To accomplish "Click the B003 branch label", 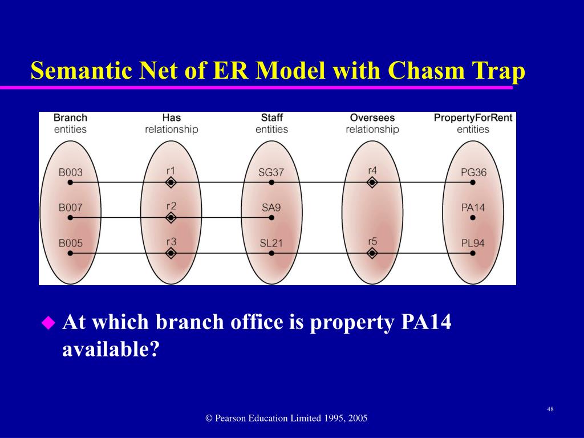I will click(71, 172).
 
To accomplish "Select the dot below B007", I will click(70, 218).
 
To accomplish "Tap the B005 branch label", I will click(71, 244).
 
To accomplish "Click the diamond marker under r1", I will click(171, 182).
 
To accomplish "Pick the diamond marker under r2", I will click(171, 218).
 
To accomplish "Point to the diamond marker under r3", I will click(171, 254).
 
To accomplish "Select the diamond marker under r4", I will click(372, 182).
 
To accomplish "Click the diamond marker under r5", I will click(372, 254).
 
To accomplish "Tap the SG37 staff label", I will click(271, 172).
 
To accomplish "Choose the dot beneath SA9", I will click(271, 218).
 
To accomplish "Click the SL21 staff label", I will click(271, 244).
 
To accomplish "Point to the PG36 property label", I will click(473, 172).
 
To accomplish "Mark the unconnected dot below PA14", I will click(473, 218).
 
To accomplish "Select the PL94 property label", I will click(473, 244).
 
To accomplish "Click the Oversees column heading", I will click(372, 118).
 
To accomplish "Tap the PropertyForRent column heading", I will click(473, 118).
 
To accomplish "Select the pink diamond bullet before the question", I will click(48, 323).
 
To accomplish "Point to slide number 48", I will click(550, 409).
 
